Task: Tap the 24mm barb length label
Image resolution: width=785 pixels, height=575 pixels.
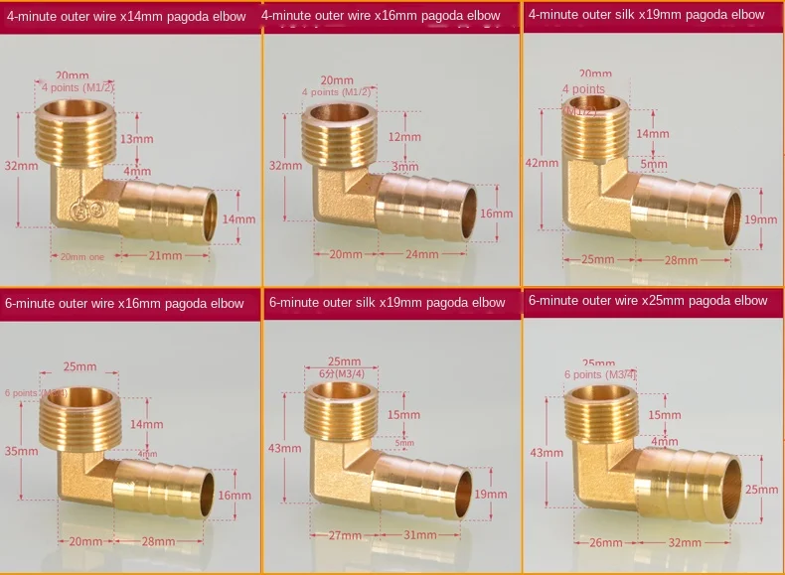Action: tap(421, 254)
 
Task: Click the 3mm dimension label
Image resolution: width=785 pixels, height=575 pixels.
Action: tap(397, 166)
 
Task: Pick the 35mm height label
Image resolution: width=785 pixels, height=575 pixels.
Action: tap(22, 451)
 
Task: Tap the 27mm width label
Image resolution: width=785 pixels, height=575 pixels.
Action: tap(345, 536)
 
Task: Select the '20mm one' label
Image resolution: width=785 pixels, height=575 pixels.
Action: tap(81, 256)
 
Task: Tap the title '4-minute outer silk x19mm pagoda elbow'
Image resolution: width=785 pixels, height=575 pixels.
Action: tap(646, 15)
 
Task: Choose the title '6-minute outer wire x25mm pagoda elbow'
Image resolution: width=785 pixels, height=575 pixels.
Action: tap(648, 300)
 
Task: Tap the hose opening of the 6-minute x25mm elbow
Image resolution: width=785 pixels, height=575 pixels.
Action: tap(730, 489)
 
